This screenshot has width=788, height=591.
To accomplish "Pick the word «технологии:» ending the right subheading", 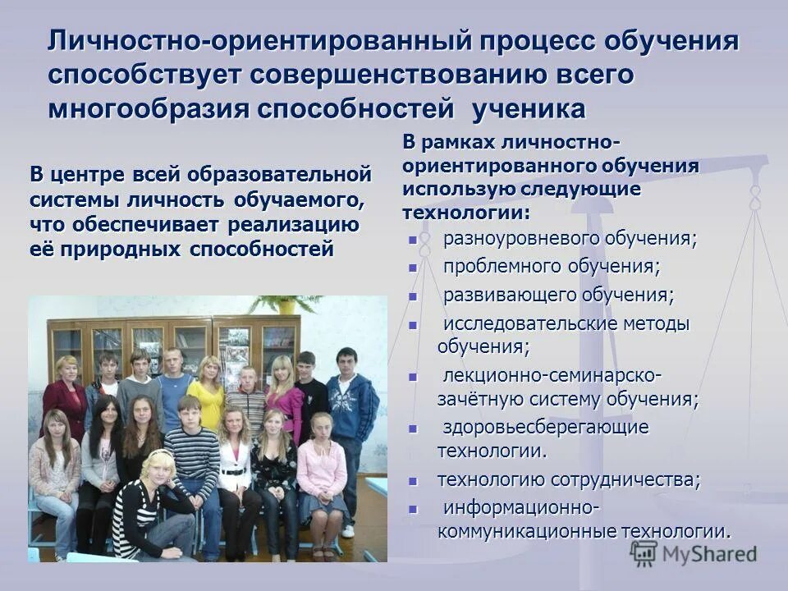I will point(465,213).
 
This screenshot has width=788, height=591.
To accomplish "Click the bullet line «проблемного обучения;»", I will point(551,267).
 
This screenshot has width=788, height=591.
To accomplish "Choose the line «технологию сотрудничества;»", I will point(568,479).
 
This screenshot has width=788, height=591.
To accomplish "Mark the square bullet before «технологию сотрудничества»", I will point(413,481).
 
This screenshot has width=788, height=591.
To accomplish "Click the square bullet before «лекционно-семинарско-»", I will point(413,377).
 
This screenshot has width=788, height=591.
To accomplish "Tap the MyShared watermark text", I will point(709,554).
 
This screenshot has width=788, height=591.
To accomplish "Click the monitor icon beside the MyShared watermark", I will point(645,553).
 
